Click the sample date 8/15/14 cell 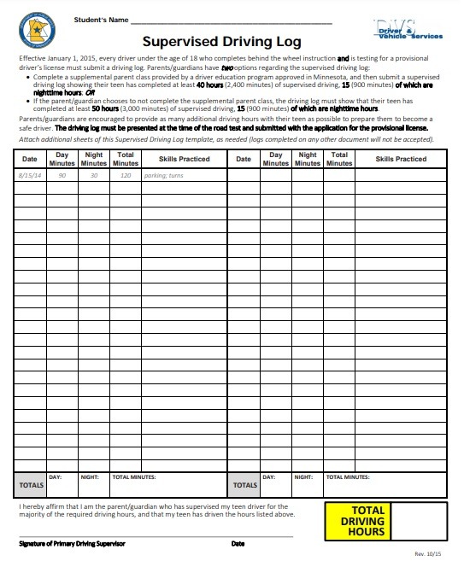click(x=30, y=174)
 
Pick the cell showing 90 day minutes click(x=62, y=174)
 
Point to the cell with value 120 click(x=126, y=174)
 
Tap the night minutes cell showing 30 click(x=94, y=174)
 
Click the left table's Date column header click(x=30, y=159)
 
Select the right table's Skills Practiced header click(x=401, y=159)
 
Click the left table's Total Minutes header click(x=126, y=159)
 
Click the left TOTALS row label click(x=31, y=485)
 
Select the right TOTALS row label click(x=244, y=485)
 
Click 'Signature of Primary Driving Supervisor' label click(x=73, y=544)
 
